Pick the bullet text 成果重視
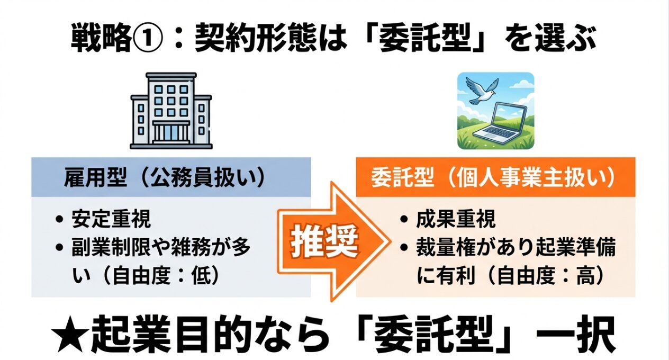[x=456, y=219]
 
